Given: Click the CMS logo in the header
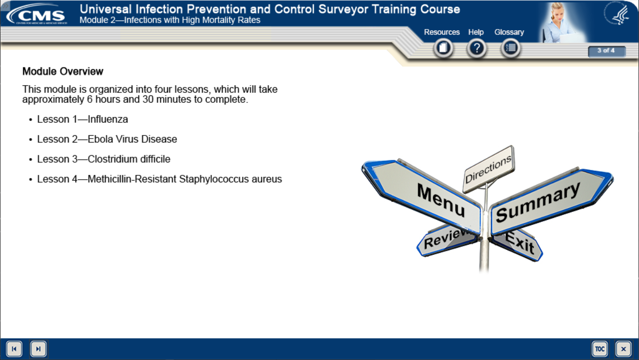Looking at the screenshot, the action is coord(37,14).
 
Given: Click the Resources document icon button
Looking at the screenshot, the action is coord(443,48).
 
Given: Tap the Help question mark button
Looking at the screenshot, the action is coord(477,48).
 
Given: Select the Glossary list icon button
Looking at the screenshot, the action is coord(510,48).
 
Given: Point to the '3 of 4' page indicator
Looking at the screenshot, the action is coord(607,51).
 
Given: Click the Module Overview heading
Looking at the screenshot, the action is coord(63,71).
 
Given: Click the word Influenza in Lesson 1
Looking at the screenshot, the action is coord(108,119).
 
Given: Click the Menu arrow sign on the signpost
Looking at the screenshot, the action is coord(422,197).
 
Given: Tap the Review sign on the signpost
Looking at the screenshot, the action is coord(447,240).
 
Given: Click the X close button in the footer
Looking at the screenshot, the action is coord(624,349).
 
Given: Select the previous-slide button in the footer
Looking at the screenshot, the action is coord(14,349).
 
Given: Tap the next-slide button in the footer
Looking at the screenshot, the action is coord(38,349).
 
